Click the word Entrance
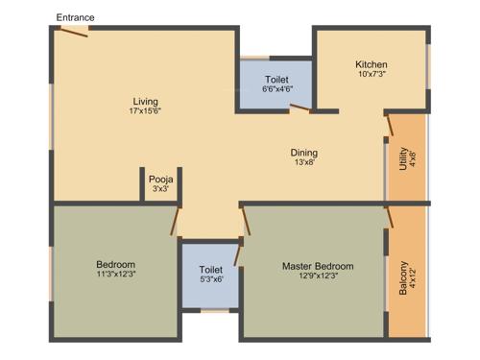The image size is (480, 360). [75, 18]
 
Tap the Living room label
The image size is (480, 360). [146, 101]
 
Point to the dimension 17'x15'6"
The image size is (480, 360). [146, 112]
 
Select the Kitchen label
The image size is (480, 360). [372, 64]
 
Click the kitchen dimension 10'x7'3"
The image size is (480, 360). [372, 75]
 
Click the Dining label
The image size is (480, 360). [304, 153]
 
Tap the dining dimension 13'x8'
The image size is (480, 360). [304, 163]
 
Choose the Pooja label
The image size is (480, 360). [160, 179]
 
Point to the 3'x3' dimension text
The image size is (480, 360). [160, 189]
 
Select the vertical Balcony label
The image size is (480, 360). [402, 279]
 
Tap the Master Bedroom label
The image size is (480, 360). [317, 266]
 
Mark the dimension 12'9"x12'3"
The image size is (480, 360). [317, 276]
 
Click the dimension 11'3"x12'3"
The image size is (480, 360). [115, 276]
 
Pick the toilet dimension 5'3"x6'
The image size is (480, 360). [211, 280]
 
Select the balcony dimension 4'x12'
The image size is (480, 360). [415, 280]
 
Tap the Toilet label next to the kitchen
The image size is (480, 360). [276, 79]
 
